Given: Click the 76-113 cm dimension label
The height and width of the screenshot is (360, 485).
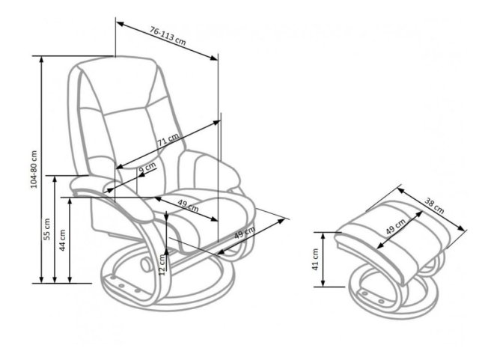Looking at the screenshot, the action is (x=168, y=36).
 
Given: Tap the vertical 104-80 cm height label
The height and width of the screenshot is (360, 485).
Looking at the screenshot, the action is (x=34, y=169).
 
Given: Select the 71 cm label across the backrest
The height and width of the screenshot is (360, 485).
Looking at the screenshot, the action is (x=168, y=140).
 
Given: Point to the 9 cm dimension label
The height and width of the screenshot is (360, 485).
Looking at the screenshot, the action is (x=147, y=168).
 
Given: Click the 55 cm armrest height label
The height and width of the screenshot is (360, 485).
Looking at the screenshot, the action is (x=46, y=229).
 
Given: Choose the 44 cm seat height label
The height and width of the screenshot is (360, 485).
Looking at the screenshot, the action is (x=62, y=240).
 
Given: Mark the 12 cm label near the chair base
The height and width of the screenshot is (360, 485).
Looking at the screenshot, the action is (x=162, y=265).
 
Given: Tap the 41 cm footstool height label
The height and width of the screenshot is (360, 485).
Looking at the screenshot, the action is (x=315, y=260).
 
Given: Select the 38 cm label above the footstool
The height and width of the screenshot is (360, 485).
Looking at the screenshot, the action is (x=434, y=206).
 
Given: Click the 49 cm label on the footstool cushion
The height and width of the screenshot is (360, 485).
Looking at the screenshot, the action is (x=396, y=226).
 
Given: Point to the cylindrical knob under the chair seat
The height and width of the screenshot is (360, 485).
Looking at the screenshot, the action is (x=145, y=263).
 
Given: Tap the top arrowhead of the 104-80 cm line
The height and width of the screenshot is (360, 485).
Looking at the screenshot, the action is (x=41, y=60).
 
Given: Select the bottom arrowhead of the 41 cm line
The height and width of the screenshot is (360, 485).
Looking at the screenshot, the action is (x=323, y=283).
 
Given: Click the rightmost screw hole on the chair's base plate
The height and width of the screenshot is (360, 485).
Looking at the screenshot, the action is (x=137, y=290).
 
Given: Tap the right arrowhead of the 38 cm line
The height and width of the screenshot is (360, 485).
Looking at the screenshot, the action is (x=462, y=228).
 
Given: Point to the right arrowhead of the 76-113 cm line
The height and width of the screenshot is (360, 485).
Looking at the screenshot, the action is (x=214, y=58).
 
